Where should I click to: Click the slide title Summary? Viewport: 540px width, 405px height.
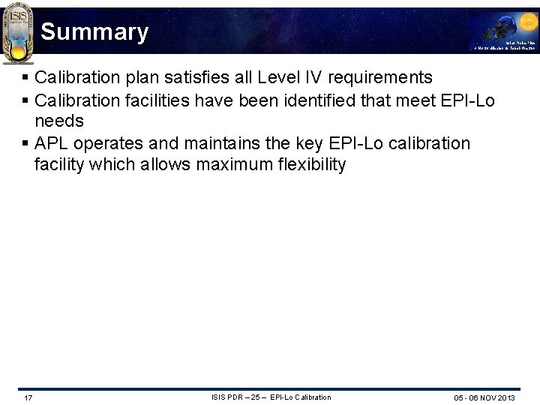coord(94,32)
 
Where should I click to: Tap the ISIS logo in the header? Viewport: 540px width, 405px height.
coord(18,31)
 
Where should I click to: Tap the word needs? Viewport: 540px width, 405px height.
coord(58,121)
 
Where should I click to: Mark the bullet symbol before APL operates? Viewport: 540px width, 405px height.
coord(25,143)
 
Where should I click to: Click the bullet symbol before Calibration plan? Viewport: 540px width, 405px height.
coord(25,77)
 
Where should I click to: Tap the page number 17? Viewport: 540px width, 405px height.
coord(28,397)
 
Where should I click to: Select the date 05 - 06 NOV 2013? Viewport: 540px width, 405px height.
coord(484,397)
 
